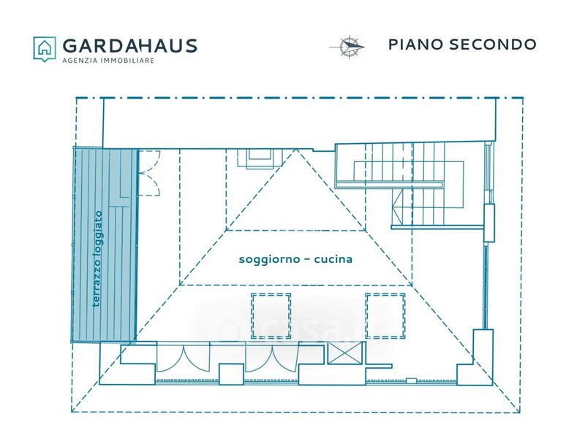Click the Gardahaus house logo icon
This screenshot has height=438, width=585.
point(45,49)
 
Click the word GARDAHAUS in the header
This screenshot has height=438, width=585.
point(130,46)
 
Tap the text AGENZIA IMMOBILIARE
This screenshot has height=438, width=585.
point(108,61)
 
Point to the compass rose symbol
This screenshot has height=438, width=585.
point(347,47)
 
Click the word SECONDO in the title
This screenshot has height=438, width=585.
point(492,45)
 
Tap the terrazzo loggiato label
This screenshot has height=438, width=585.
point(98,259)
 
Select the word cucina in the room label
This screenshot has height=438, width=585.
point(333,259)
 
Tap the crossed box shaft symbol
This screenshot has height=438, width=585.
point(344,353)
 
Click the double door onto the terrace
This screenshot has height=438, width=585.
point(149,173)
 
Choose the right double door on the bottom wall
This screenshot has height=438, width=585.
point(271,358)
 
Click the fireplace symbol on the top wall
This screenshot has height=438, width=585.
point(260,158)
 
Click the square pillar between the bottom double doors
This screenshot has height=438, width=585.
point(231,374)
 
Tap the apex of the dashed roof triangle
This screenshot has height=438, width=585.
point(296,149)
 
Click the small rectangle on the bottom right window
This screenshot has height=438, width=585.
point(411,380)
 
